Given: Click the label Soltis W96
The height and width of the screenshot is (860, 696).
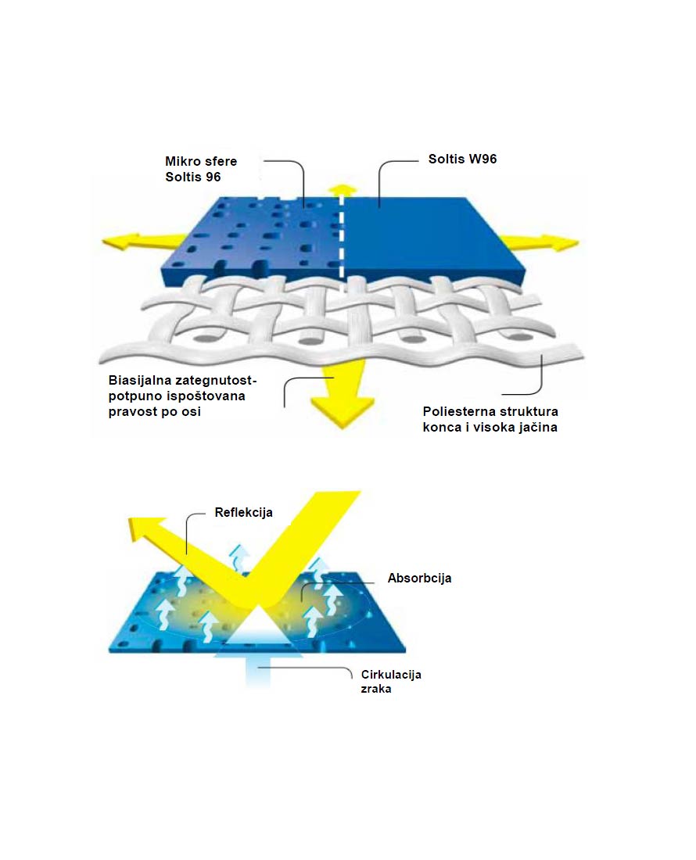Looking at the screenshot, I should tap(463, 159).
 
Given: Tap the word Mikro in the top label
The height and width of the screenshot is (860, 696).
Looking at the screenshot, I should tap(182, 161).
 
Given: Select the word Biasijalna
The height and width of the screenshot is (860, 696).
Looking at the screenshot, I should tap(142, 381).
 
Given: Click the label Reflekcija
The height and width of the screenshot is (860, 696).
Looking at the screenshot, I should tap(244, 514).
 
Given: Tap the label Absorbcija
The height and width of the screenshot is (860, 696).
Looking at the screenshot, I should tap(420, 579).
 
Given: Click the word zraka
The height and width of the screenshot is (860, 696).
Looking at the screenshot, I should tap(376, 690).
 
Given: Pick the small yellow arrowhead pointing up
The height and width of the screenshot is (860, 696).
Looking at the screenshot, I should tap(340, 189).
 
